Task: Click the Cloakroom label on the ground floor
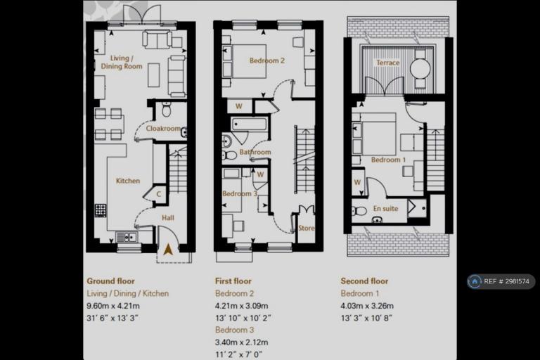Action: pyautogui.click(x=163, y=129)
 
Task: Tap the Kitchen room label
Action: pyautogui.click(x=128, y=181)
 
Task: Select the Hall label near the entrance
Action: pyautogui.click(x=168, y=218)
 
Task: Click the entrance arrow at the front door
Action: pyautogui.click(x=168, y=250)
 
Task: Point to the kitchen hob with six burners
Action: pyautogui.click(x=101, y=210)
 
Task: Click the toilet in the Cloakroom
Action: pyautogui.click(x=167, y=109)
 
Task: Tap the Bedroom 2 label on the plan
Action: pyautogui.click(x=267, y=60)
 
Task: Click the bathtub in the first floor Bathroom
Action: pyautogui.click(x=249, y=124)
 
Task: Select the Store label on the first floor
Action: pyautogui.click(x=306, y=228)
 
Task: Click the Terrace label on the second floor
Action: pyautogui.click(x=388, y=63)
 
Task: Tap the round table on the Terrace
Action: pyautogui.click(x=420, y=69)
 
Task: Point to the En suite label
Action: pyautogui.click(x=385, y=208)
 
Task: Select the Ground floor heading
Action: pyautogui.click(x=110, y=281)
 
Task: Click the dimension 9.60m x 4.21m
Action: pyautogui.click(x=113, y=306)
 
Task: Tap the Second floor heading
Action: pyautogui.click(x=364, y=281)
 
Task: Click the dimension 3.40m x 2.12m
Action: pyautogui.click(x=241, y=342)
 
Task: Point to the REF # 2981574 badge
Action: pyautogui.click(x=501, y=281)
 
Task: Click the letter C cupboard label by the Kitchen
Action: pyautogui.click(x=159, y=194)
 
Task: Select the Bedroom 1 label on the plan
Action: pyautogui.click(x=388, y=160)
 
